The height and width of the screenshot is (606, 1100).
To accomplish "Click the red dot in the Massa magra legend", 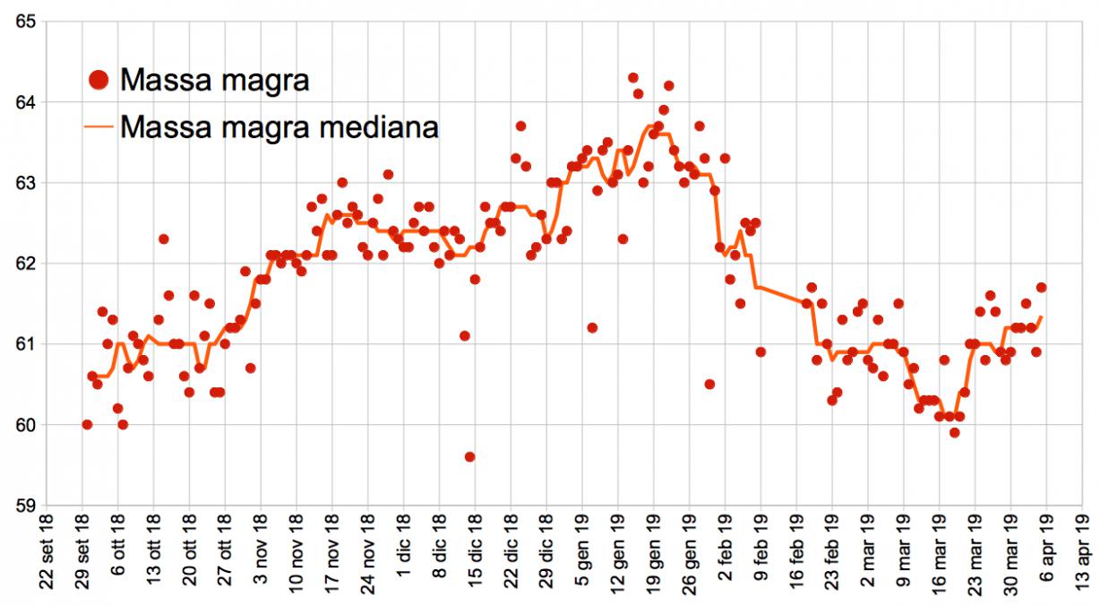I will pos(100,80).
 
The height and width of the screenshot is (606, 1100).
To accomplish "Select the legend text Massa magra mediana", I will pos(279,126).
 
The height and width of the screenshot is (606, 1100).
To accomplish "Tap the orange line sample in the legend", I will pos(100,127).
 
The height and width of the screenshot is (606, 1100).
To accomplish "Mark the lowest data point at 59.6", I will pos(470,456).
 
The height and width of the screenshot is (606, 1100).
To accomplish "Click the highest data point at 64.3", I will pos(633,77).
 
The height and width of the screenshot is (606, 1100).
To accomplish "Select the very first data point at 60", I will pos(87,424).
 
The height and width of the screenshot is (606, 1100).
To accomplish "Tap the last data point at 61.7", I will pos(1042,287).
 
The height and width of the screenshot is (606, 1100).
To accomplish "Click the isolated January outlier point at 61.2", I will pos(592,327).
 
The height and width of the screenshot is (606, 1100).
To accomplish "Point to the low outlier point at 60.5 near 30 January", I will pos(709,384).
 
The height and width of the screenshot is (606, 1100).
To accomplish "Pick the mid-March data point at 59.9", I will pos(955,432).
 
